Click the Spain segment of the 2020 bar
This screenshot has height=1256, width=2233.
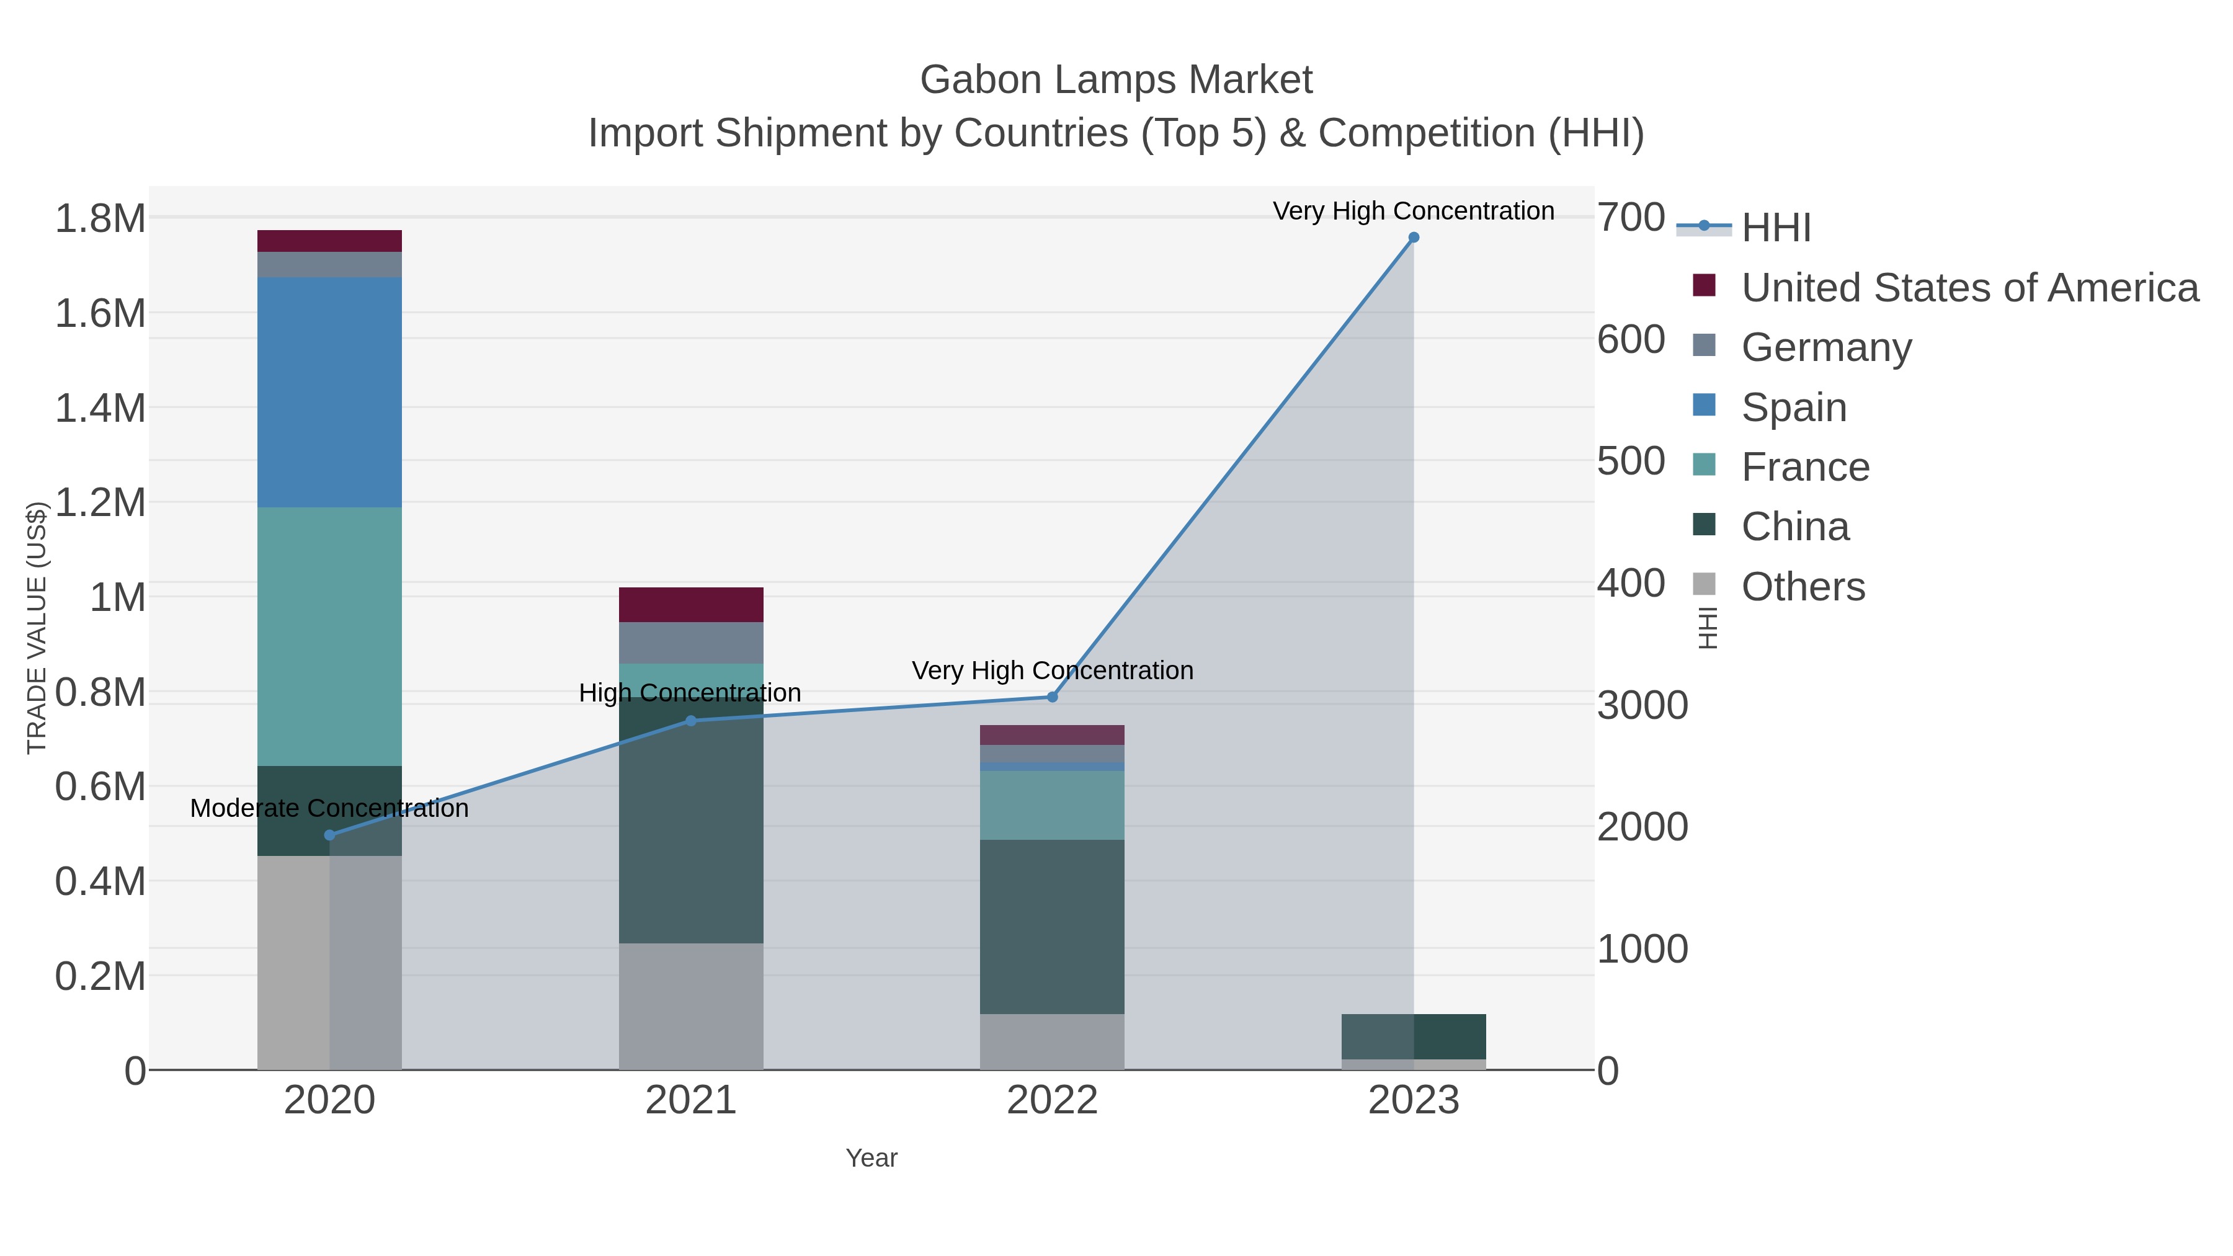(x=329, y=392)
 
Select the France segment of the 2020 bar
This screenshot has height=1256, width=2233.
(x=329, y=636)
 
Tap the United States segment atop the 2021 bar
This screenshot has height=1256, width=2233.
(x=691, y=604)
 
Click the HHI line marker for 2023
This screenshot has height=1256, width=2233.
(x=1414, y=238)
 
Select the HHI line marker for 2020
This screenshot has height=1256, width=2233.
(x=329, y=835)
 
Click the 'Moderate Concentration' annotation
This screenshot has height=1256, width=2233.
(x=329, y=808)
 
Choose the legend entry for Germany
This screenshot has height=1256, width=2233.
(x=1825, y=347)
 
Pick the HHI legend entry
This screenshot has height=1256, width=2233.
(x=1775, y=227)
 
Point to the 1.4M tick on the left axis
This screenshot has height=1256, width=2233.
(x=100, y=408)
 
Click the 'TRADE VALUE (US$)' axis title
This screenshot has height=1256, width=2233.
(x=37, y=628)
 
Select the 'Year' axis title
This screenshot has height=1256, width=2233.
(x=871, y=1158)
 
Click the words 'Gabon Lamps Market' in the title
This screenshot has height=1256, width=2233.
(x=1116, y=80)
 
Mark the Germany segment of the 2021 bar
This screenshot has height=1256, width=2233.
(x=691, y=643)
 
